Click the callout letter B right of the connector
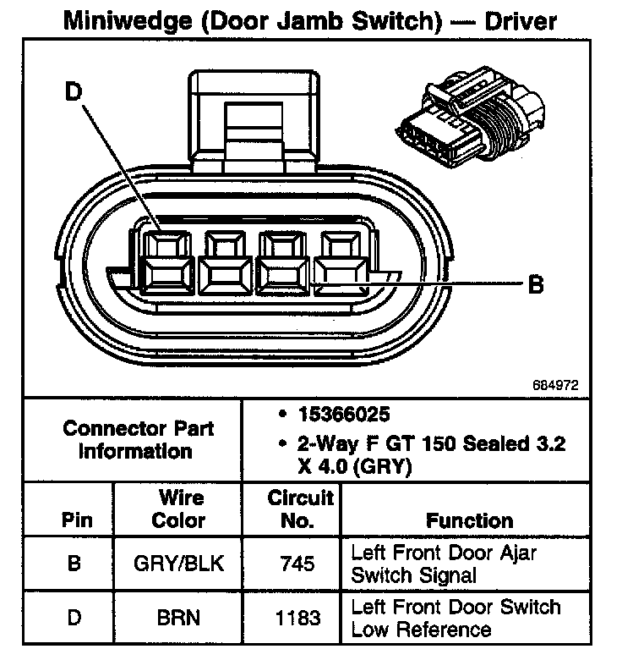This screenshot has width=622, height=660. click(535, 285)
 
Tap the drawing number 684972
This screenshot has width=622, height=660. click(555, 385)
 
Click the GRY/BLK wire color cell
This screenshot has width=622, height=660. click(178, 564)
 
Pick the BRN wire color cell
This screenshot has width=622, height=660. click(178, 619)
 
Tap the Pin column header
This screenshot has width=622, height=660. click(74, 520)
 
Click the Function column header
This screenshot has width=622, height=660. click(469, 520)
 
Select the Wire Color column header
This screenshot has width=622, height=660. click(178, 508)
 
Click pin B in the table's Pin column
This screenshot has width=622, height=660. click(74, 564)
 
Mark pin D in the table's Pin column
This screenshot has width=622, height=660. click(74, 619)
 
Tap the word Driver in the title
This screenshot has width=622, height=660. click(519, 19)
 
